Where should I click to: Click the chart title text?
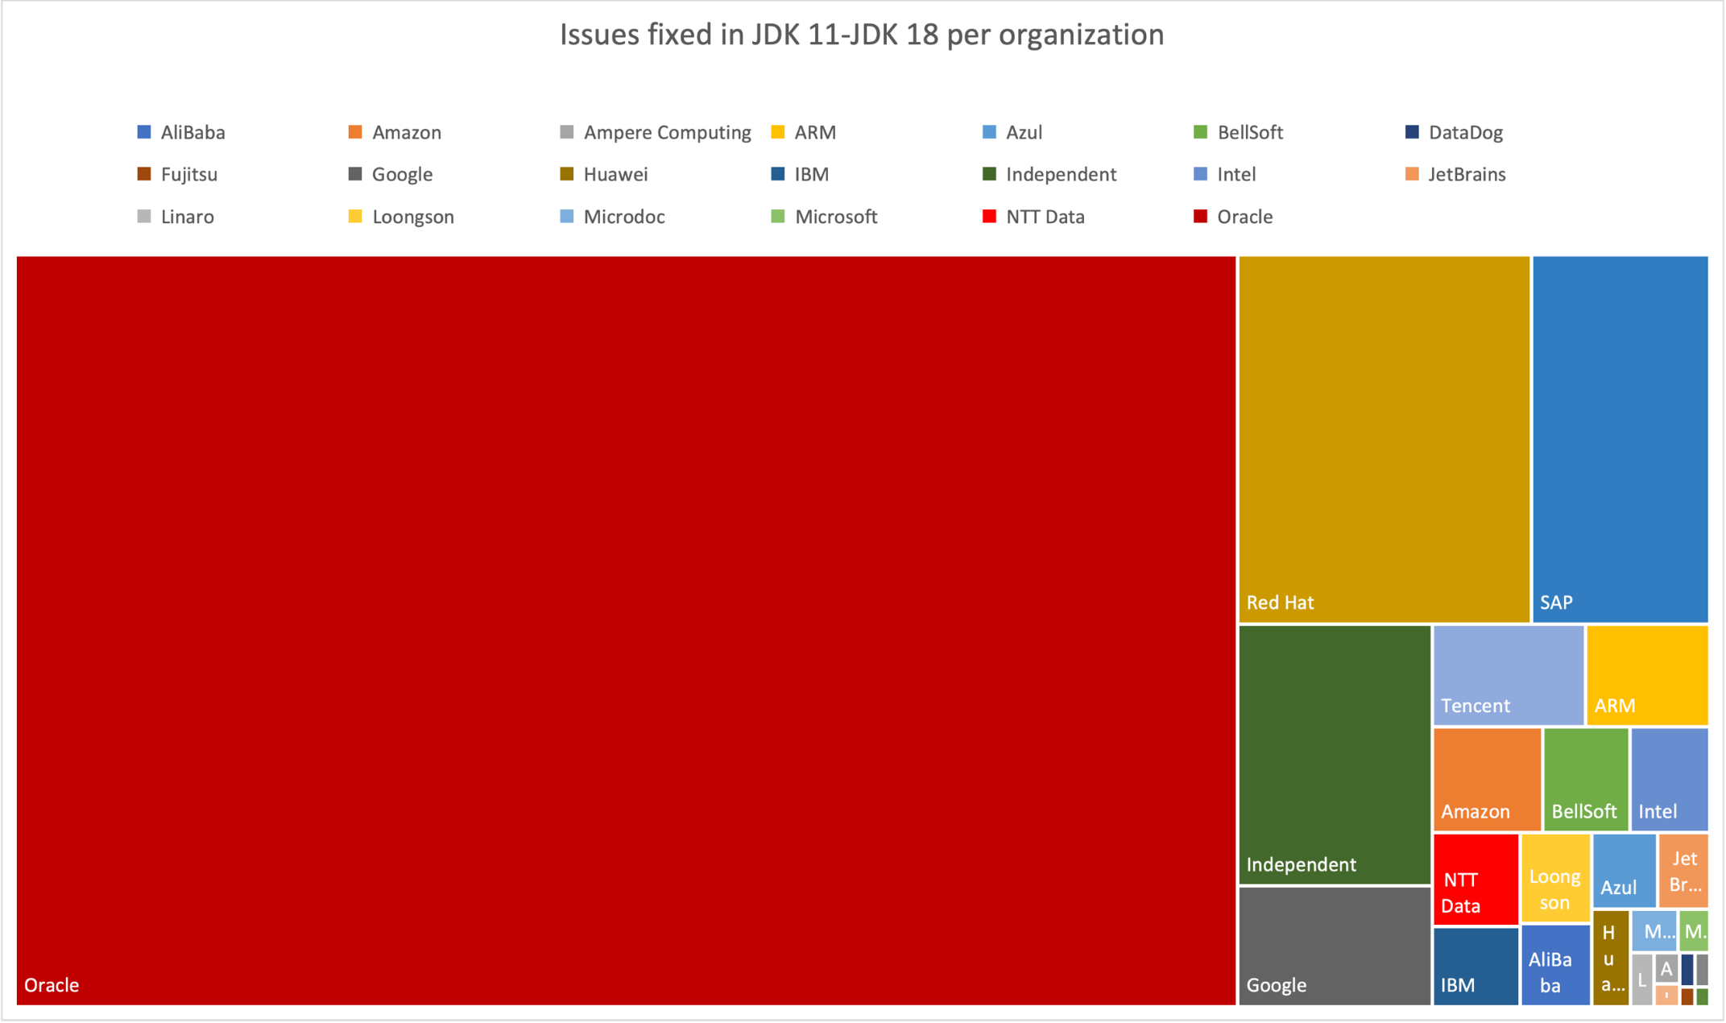(862, 35)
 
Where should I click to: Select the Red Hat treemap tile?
(1383, 439)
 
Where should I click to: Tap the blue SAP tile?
(1619, 439)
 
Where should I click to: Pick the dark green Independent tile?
(1334, 754)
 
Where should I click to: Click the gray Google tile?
(1334, 945)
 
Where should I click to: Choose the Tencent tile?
(1508, 675)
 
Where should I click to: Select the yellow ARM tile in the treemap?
(1646, 675)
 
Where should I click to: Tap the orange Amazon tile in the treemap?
(1487, 778)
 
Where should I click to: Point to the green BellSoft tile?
(1585, 778)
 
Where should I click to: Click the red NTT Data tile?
(1475, 879)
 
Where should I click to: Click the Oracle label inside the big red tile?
(52, 985)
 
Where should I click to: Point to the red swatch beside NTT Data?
(989, 217)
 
